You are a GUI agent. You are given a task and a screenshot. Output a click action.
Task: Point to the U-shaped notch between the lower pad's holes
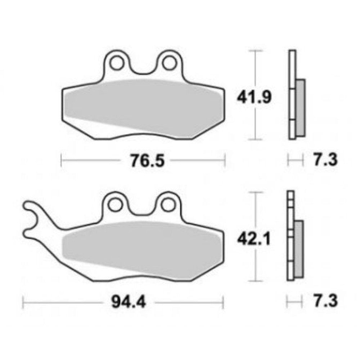(x=141, y=211)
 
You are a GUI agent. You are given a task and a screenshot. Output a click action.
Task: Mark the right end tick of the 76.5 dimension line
(x=225, y=160)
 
